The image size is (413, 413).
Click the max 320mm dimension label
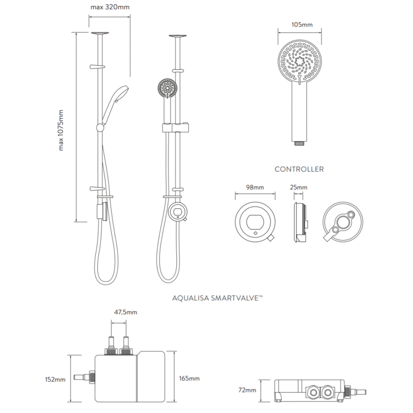coord(110,7)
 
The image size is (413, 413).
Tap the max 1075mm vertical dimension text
coord(61,130)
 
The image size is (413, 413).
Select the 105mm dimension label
coord(302,25)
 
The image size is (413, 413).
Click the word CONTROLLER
coord(299,169)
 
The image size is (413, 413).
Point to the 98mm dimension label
coord(255,188)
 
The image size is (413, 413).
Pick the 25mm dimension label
coord(299,188)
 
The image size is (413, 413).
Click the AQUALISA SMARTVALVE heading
coord(218,298)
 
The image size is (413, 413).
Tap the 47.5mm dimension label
coord(126,313)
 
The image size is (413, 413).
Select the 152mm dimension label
coord(55,380)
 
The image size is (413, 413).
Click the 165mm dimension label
coord(190,379)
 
